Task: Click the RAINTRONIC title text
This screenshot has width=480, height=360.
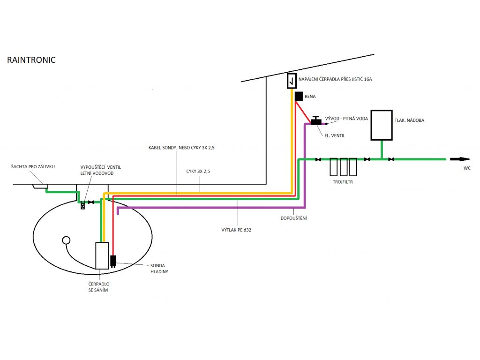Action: (31, 60)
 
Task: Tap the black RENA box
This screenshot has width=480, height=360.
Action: (299, 96)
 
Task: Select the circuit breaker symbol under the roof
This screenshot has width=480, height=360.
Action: (292, 81)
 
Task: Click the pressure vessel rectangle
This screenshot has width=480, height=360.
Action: (381, 125)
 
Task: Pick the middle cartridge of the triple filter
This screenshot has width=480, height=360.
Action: (343, 166)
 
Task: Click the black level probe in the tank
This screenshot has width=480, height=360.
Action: (112, 261)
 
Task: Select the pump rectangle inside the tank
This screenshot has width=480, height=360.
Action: (102, 255)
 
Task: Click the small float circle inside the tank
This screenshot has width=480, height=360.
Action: (66, 240)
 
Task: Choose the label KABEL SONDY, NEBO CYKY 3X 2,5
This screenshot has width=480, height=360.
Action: (181, 148)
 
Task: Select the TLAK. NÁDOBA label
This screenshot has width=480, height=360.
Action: (410, 120)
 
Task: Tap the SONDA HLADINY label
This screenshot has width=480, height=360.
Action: (158, 268)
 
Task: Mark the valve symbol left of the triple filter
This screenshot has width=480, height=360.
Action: (318, 159)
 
